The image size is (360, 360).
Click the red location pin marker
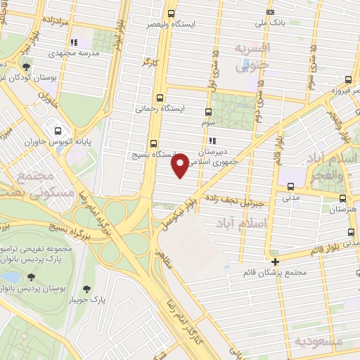coord(180,165)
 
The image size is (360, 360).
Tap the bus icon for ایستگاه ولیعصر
coord(172,12)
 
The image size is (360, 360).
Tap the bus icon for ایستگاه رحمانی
coord(160,98)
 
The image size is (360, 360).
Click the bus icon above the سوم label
coord(207,112)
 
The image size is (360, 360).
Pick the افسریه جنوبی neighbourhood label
coord(252,56)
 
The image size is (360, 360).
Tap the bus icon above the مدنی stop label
coord(290,186)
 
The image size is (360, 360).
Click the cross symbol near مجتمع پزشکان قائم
coord(276,262)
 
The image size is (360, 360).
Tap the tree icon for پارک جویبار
coord(86,289)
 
